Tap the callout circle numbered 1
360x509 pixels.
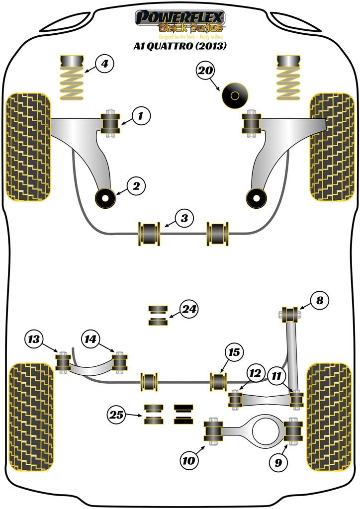[x=140, y=117]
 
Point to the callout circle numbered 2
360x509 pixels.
[x=136, y=186]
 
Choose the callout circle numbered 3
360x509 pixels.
[x=184, y=218]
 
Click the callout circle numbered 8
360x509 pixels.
[x=319, y=300]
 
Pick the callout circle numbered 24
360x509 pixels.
[x=188, y=310]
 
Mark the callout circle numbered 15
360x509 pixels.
[x=234, y=353]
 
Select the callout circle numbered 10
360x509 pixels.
[x=189, y=461]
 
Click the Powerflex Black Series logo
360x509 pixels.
[x=180, y=23]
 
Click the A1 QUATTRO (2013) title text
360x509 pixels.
[x=180, y=48]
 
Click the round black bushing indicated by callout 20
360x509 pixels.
[x=236, y=94]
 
